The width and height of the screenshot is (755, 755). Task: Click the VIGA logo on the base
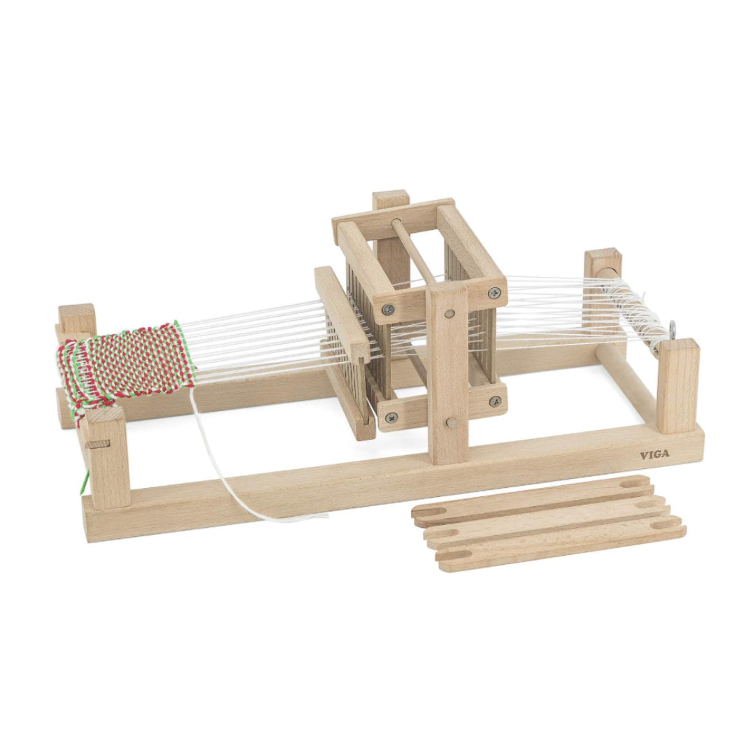654,455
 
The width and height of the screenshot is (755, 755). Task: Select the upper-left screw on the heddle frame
387,310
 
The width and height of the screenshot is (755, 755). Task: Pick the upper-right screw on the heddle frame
494,293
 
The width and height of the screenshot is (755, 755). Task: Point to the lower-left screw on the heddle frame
389,417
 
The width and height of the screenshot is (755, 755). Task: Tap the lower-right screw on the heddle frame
495,401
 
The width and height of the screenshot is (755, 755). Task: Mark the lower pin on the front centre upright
451,422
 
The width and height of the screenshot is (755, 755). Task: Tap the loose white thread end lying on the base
308,517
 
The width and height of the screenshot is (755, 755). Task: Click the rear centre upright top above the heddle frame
390,199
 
